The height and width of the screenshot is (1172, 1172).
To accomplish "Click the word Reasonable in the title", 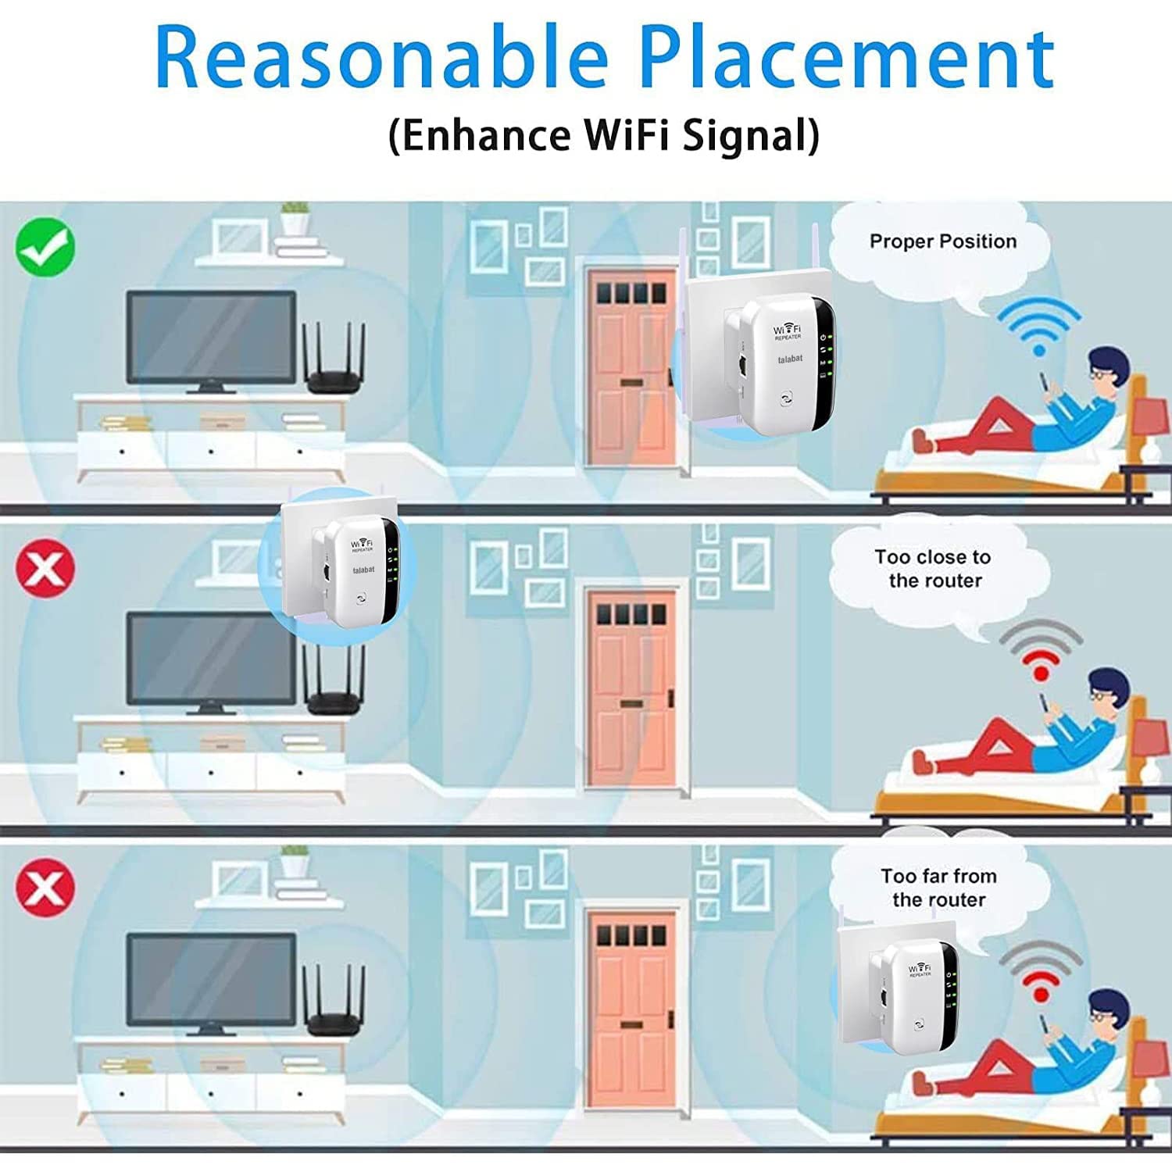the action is click(x=381, y=58).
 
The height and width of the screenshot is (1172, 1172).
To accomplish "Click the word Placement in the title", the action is click(x=847, y=58).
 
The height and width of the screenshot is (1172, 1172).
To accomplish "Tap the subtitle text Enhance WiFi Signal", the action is click(x=604, y=134).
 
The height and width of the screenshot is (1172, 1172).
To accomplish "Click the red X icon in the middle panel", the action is click(x=45, y=568).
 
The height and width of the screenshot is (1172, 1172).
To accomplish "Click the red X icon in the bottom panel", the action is click(x=45, y=888).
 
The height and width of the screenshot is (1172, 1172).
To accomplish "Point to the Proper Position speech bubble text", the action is click(x=943, y=241).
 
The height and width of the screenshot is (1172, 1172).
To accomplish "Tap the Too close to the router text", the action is click(x=934, y=569).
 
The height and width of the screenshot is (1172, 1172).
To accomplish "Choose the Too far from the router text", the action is click(x=938, y=888).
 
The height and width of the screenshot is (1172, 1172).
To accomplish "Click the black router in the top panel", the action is click(x=335, y=359).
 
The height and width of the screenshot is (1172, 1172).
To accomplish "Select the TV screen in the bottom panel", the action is click(x=212, y=981).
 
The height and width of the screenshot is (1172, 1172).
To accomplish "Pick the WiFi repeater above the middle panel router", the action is click(x=362, y=572).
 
